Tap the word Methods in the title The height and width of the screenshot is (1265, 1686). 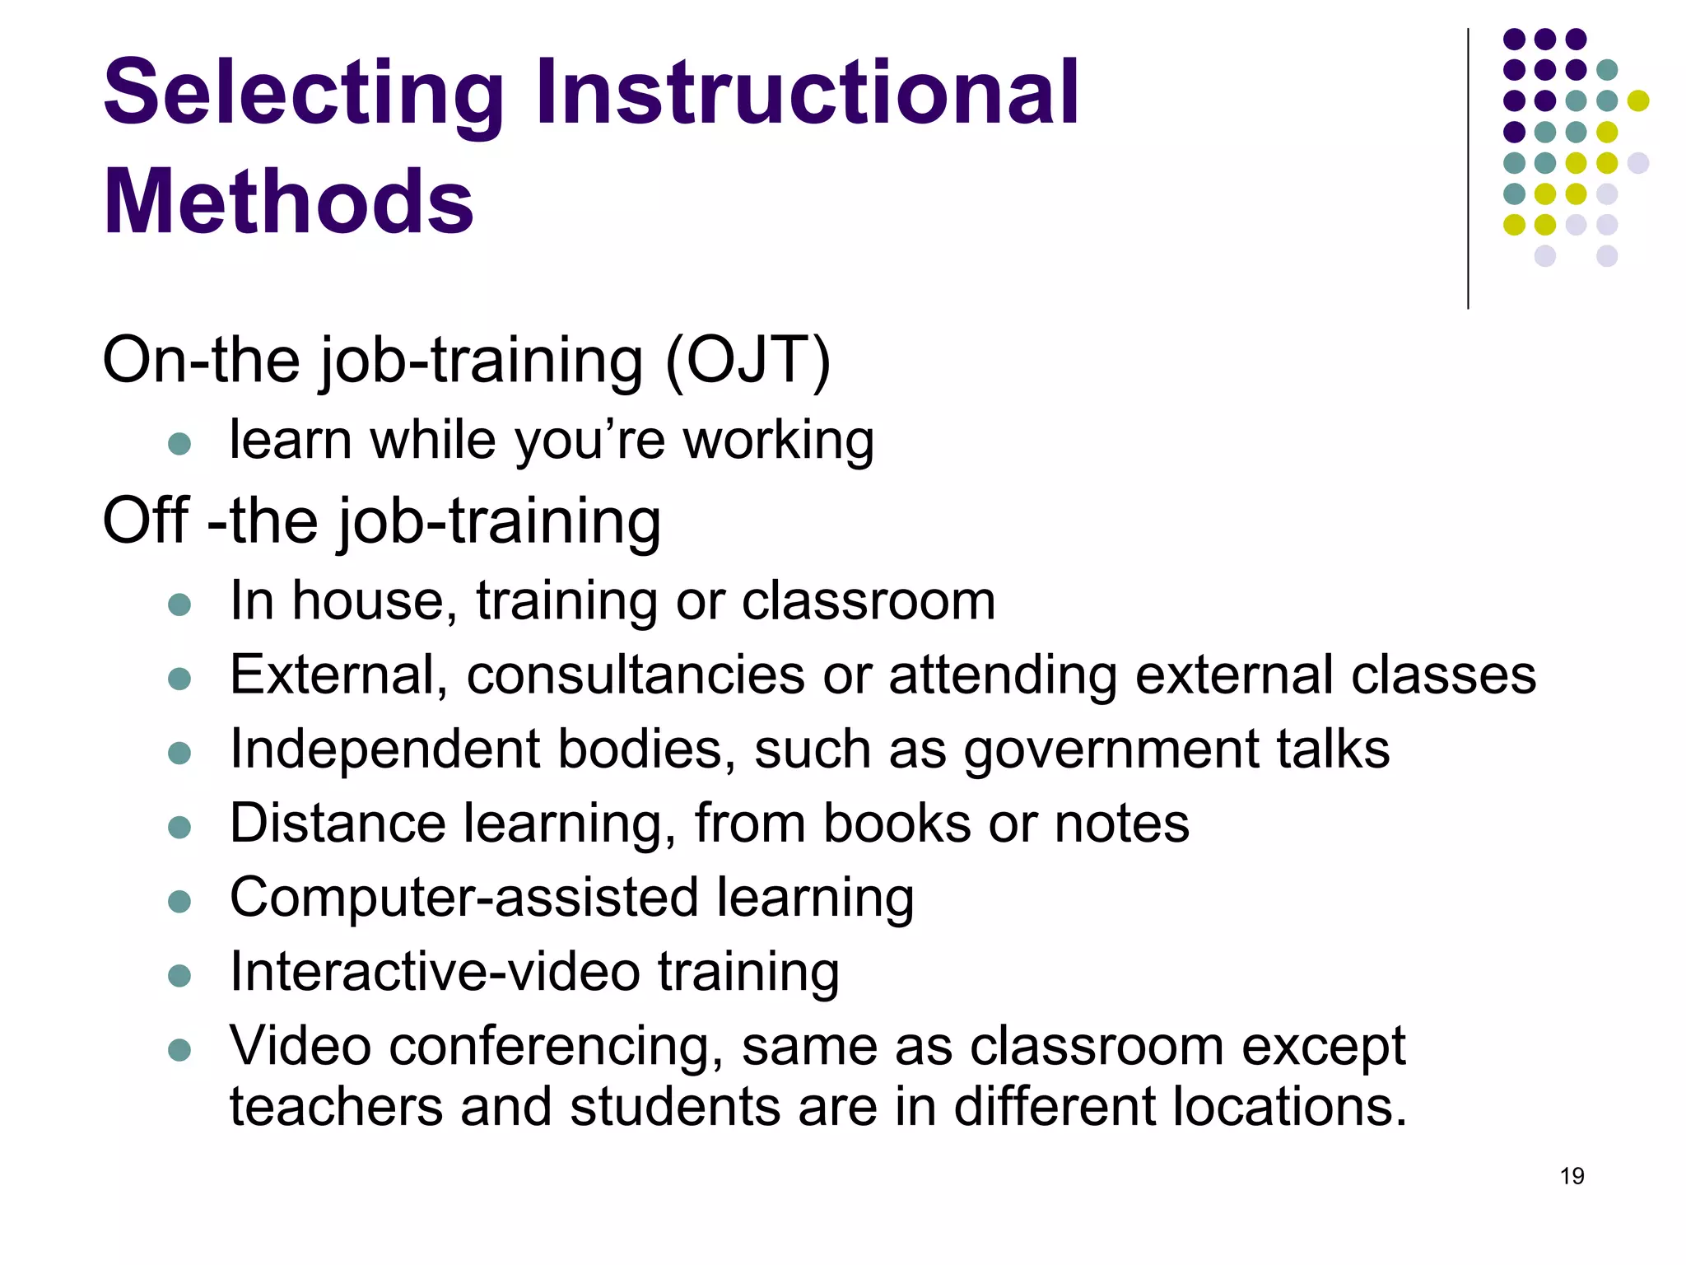tap(288, 202)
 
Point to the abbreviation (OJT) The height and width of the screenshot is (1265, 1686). tap(748, 361)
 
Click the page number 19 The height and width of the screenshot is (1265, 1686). tap(1572, 1176)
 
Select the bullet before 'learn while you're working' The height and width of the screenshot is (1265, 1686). tap(179, 445)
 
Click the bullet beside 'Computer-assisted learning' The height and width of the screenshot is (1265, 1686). tap(179, 901)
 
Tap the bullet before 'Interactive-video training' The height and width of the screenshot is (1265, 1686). tap(179, 976)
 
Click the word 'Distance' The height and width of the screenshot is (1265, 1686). tap(338, 823)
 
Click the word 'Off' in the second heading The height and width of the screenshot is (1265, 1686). tap(147, 520)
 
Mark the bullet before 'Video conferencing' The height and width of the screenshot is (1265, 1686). tap(179, 1050)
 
